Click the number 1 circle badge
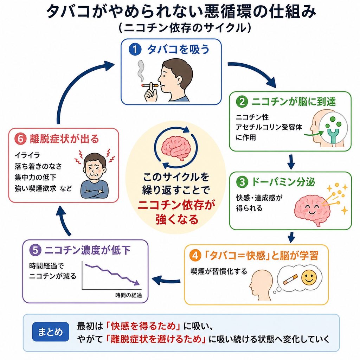coord(135,49)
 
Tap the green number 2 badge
coord(242,102)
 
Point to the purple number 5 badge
coord(35,250)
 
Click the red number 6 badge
coord(20,139)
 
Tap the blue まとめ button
coord(51,332)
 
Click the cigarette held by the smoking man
coord(150,86)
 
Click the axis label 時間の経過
coord(129,295)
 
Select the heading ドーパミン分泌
coord(283,182)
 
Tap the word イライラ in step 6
coord(27,155)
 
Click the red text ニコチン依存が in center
coord(176,205)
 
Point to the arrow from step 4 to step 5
coord(166,280)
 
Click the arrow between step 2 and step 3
coord(291,162)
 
